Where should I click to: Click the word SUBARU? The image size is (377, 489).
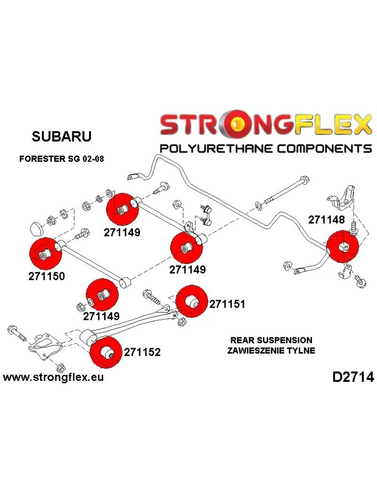(x=61, y=136)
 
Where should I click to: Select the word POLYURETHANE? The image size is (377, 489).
(x=215, y=148)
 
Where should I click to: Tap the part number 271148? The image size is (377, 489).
(x=326, y=220)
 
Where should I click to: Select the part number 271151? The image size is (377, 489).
(x=227, y=304)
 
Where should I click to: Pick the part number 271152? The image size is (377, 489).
(x=142, y=352)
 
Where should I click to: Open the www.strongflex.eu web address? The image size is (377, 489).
(x=53, y=378)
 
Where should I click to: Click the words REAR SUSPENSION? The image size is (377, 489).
(x=270, y=340)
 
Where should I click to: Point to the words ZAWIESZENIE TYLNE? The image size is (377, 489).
(x=270, y=350)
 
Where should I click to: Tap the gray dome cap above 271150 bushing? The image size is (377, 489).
(x=37, y=228)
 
